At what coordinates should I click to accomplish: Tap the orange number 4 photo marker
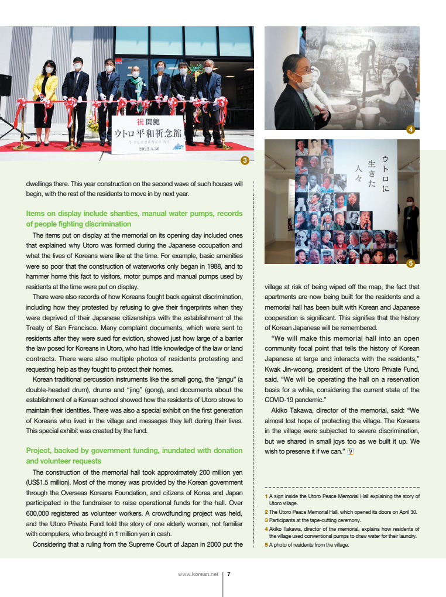[410, 130]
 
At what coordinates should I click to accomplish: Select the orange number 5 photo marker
[410, 263]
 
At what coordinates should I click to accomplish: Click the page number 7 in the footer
[228, 574]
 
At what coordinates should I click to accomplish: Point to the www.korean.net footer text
[198, 574]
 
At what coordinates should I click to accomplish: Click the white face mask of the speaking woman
[303, 80]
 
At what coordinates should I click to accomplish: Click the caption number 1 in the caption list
[266, 496]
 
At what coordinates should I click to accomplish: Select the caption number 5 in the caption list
[266, 545]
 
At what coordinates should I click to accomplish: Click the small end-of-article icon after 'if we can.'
[351, 451]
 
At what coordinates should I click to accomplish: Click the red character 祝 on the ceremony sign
[140, 122]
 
